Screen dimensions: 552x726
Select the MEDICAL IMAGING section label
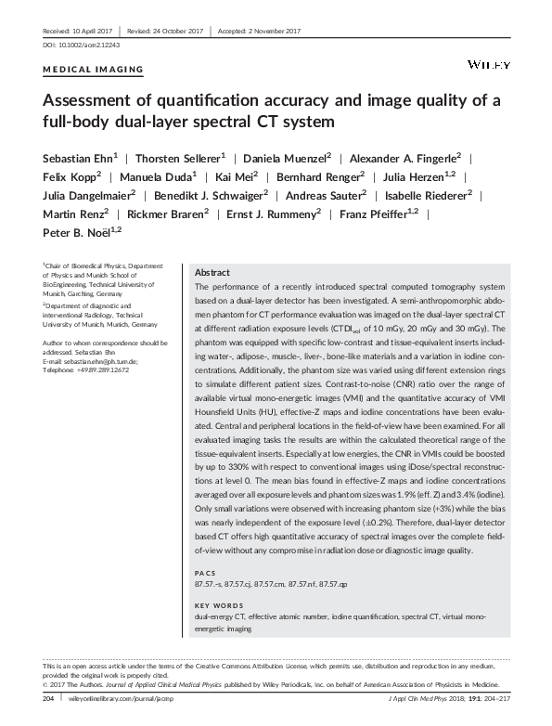tap(94, 70)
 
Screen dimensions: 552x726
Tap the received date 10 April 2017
tap(80, 31)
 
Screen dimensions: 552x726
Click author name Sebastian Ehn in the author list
tap(76, 158)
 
